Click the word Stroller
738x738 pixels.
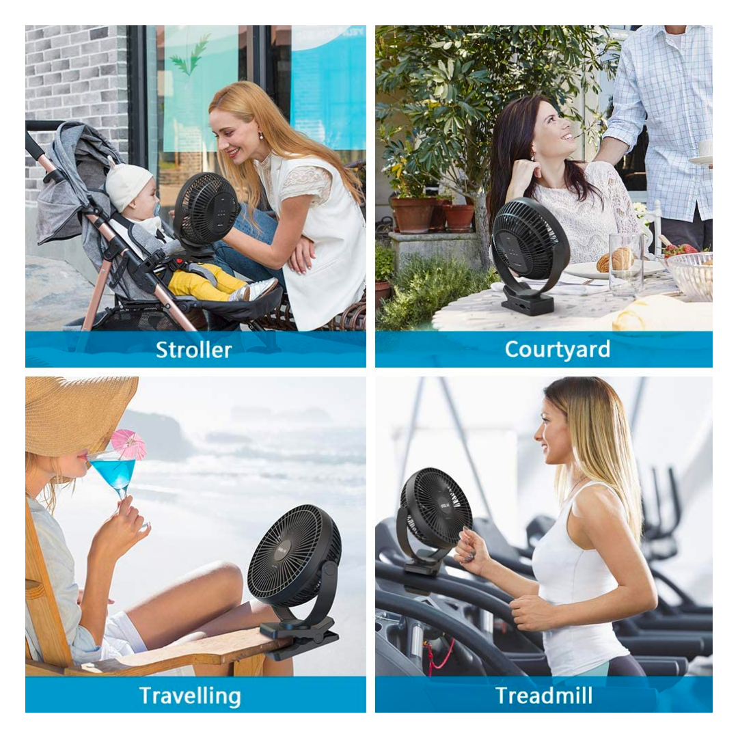pos(193,350)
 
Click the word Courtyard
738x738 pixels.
pos(558,350)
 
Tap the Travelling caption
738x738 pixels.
pos(190,696)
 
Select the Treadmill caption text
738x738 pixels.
pos(544,696)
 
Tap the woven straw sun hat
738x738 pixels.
pos(75,414)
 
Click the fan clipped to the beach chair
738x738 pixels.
pos(297,578)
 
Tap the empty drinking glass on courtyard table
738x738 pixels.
pos(625,264)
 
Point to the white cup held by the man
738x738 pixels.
pos(705,148)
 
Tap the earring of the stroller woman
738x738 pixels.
pos(261,136)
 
